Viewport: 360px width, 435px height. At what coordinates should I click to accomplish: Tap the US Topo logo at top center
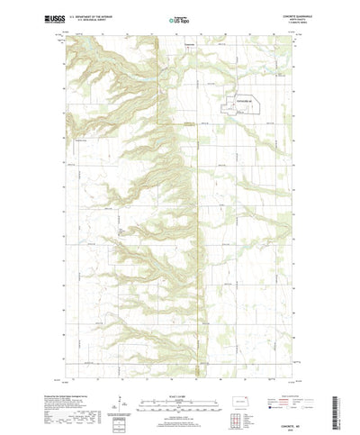(x=180, y=18)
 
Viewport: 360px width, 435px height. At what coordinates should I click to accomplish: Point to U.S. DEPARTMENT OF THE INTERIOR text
(x=86, y=14)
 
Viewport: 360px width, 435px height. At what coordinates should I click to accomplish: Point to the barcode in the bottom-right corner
(x=342, y=410)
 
